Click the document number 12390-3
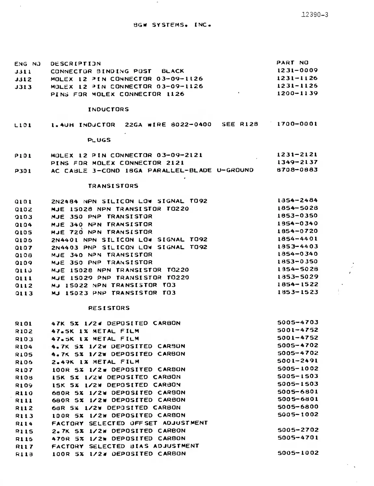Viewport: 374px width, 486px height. tap(314, 15)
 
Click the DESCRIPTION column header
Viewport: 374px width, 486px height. tap(75, 63)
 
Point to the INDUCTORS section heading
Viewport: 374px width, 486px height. tap(108, 109)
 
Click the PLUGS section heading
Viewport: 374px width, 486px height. tap(99, 140)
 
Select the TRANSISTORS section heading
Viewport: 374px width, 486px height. tap(113, 186)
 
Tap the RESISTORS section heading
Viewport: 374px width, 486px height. tap(109, 308)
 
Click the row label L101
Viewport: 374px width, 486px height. tap(23, 125)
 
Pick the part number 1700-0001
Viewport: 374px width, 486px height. tap(297, 124)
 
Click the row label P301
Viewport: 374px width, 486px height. tap(23, 171)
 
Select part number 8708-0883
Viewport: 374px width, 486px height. tap(297, 170)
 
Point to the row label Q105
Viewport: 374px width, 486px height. tap(23, 232)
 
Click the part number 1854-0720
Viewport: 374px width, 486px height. tap(297, 231)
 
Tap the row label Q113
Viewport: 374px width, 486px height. tap(23, 293)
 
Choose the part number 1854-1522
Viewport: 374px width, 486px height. tap(297, 284)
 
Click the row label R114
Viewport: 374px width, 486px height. tap(24, 424)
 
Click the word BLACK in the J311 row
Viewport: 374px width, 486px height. tap(172, 71)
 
